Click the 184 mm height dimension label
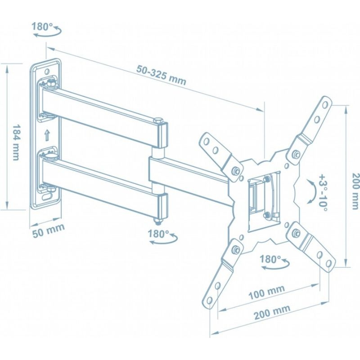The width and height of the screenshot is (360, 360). [16, 142]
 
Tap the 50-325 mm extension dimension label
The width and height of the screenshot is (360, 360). [162, 75]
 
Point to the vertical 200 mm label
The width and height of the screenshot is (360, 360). [355, 191]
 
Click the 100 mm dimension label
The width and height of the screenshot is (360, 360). [267, 292]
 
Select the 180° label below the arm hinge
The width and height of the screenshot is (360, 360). [158, 234]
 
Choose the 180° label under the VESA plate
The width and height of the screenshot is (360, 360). [270, 260]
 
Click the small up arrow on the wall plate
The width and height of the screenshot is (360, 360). [47, 135]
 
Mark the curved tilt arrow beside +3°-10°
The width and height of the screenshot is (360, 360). [310, 189]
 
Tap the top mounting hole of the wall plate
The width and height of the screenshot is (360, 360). [47, 72]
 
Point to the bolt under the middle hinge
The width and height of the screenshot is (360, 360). [159, 221]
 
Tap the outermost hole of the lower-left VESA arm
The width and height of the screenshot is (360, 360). [209, 301]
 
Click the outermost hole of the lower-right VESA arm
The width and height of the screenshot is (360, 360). [328, 263]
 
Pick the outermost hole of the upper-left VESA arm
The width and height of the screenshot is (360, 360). [207, 141]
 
